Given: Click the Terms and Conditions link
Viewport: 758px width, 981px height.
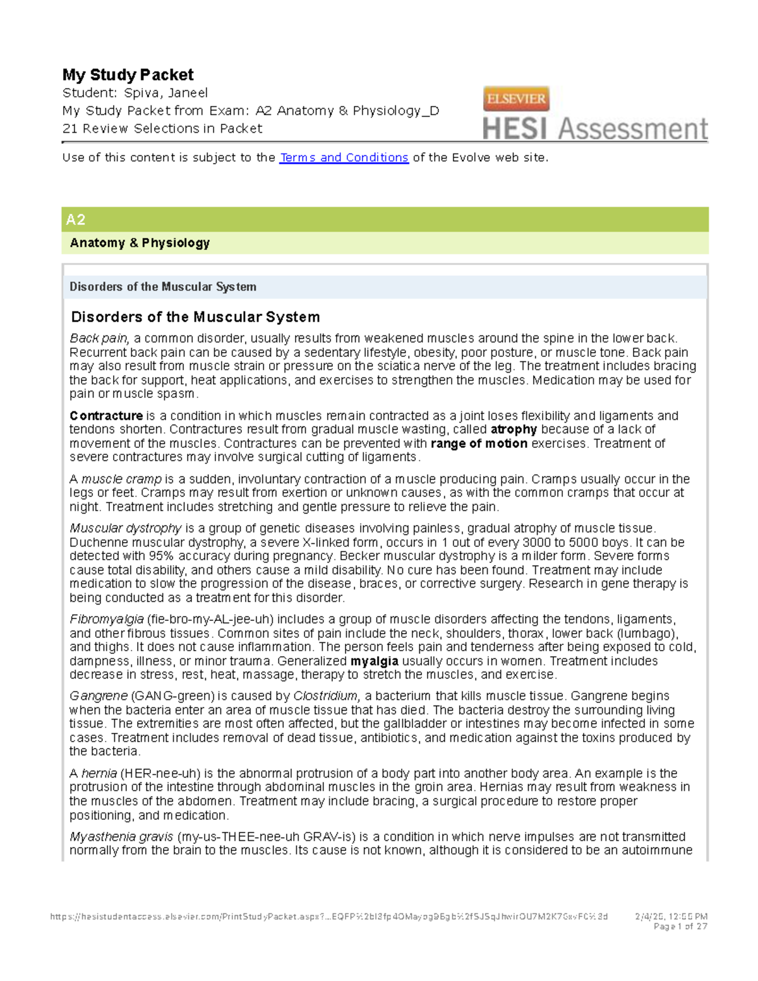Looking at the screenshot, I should tap(344, 157).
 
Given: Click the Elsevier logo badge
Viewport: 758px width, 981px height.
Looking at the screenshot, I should tap(516, 99).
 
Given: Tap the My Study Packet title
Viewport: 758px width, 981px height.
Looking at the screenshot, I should tap(128, 75).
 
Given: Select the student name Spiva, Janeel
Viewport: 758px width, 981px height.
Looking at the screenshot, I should tap(165, 93).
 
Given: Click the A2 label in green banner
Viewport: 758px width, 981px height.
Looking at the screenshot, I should tap(76, 220).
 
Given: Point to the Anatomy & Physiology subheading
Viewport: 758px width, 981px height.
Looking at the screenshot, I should tap(140, 243).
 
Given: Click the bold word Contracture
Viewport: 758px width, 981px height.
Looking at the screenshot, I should tap(106, 416).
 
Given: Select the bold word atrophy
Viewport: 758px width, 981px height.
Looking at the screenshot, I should tap(514, 430).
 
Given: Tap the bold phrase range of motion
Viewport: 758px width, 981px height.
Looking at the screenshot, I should tap(479, 443).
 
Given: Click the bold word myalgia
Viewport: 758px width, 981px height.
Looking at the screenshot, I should tap(374, 661).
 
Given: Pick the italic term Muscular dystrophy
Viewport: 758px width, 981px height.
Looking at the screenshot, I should tap(126, 528).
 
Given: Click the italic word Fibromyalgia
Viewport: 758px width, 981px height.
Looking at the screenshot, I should tap(107, 619).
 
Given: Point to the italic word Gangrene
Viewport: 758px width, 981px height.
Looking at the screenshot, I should tap(99, 695).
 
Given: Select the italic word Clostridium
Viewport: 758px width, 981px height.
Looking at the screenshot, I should tap(326, 695).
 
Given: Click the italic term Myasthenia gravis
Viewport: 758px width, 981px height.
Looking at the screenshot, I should tap(121, 836).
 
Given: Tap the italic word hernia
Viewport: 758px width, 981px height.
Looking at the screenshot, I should tap(99, 773).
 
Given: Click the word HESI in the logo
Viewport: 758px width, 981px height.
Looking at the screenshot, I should tap(515, 129).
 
